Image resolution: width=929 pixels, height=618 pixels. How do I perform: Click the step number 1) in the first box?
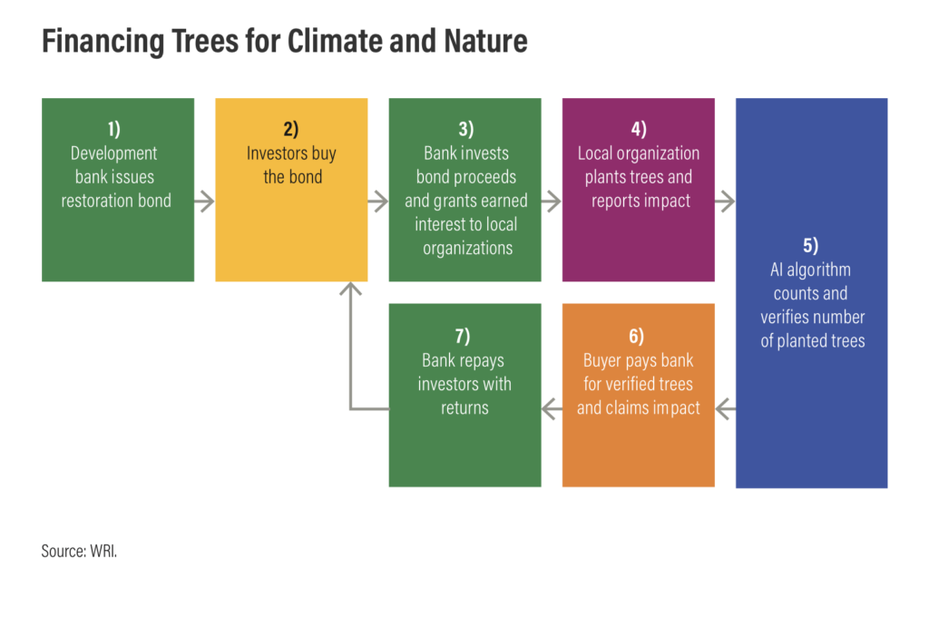(x=113, y=129)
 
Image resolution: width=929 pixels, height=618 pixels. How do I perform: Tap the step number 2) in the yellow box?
(x=291, y=129)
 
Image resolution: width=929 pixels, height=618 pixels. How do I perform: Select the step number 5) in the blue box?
(x=810, y=245)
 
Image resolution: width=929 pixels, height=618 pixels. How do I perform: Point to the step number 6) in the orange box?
(x=636, y=337)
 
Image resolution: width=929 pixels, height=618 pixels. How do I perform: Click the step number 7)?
(x=463, y=337)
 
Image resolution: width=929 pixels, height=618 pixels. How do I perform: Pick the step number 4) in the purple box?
(x=639, y=129)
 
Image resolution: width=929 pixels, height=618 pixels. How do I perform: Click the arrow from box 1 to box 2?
(x=204, y=201)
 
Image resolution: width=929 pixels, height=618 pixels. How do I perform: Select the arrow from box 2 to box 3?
(x=378, y=201)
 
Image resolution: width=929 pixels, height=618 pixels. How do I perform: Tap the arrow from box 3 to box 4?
(x=552, y=201)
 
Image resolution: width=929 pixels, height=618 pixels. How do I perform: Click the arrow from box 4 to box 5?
(x=725, y=201)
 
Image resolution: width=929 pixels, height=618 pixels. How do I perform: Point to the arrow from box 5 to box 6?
(x=725, y=409)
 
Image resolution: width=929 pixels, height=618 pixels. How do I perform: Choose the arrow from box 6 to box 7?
(x=552, y=409)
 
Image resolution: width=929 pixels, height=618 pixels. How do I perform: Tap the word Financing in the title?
(x=103, y=42)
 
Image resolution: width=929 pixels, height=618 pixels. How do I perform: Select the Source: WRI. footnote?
(x=80, y=551)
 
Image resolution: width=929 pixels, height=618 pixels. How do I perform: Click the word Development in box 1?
(x=113, y=153)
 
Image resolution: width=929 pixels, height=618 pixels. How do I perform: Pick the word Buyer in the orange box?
(x=602, y=361)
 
